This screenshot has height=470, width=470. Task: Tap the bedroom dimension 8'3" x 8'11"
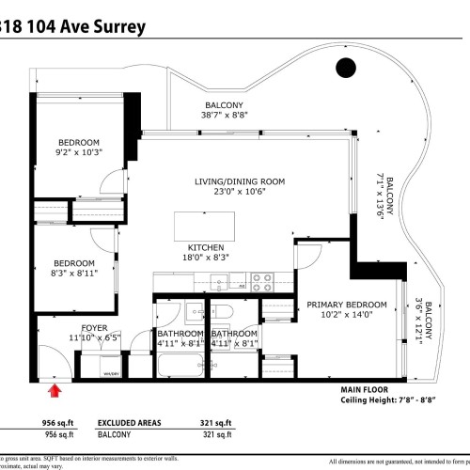click(73, 274)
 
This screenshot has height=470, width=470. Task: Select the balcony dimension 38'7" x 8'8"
click(225, 117)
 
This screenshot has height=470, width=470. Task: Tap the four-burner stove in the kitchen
click(260, 279)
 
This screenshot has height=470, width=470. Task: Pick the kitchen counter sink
click(219, 280)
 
